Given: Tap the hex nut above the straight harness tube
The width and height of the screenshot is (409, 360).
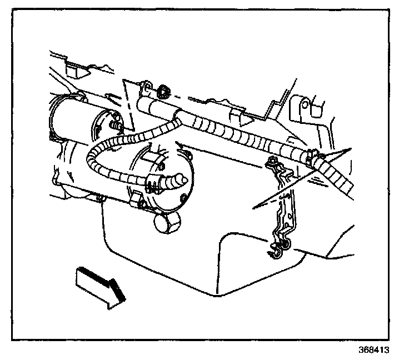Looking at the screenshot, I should coord(164,89).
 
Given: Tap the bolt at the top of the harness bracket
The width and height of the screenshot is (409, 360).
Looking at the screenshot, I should coord(272,162).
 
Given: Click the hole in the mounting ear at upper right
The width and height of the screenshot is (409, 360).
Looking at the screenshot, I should coord(305,106).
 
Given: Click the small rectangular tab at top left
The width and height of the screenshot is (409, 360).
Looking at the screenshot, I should coord(71,70).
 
